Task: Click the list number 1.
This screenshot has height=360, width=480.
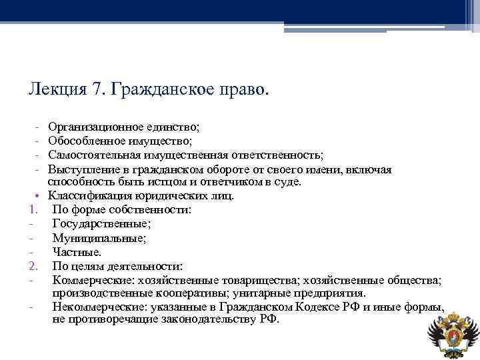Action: pos(32,209)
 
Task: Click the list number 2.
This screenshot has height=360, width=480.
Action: pos(32,265)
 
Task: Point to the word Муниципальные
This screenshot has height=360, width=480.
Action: pos(99,237)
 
